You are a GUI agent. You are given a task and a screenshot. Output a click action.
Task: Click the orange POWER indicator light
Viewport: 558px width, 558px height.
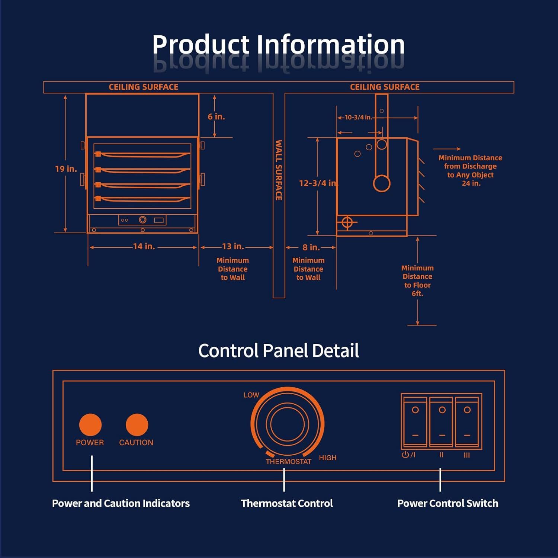point(90,424)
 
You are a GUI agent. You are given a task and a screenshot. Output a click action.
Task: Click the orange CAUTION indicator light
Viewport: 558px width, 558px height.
point(137,424)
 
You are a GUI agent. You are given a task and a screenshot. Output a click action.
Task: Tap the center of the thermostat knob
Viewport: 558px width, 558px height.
point(287,424)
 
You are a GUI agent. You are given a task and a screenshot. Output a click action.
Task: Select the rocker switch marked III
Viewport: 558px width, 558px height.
point(467,421)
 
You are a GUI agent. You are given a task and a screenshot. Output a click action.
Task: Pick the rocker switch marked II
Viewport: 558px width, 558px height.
point(441,421)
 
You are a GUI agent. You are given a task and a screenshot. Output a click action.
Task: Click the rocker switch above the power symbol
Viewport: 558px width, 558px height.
point(415,421)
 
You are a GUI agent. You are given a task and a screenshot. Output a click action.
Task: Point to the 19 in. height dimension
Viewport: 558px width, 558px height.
point(66,169)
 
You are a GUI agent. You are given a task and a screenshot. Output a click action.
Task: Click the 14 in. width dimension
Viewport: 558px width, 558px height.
point(144,246)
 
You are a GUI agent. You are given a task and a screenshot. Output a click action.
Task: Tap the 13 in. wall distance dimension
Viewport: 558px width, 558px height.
point(233,246)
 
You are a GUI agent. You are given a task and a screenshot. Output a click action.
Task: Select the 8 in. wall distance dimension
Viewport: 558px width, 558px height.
point(311,247)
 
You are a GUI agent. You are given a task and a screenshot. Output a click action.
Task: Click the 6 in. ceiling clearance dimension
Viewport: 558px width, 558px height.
point(216,117)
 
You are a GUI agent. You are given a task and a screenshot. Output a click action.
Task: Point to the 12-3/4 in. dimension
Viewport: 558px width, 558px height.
point(318,183)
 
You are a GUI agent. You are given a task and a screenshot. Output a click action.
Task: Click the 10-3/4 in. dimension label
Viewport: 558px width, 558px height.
point(358,117)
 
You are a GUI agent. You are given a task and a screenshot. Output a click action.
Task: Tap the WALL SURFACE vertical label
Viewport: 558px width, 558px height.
point(279,170)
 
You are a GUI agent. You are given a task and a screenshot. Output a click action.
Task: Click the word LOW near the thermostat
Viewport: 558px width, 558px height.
point(251,395)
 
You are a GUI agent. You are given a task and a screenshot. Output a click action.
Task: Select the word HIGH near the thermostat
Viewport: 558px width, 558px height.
point(327,458)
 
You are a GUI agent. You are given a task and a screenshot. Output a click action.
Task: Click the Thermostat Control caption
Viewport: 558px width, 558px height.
point(287,503)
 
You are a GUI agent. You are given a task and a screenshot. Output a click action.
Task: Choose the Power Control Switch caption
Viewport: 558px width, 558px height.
point(448,503)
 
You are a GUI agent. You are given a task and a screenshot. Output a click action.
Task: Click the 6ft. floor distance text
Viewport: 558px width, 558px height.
point(417,294)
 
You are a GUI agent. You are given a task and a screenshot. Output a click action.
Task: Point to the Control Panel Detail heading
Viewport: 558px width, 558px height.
point(278,350)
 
